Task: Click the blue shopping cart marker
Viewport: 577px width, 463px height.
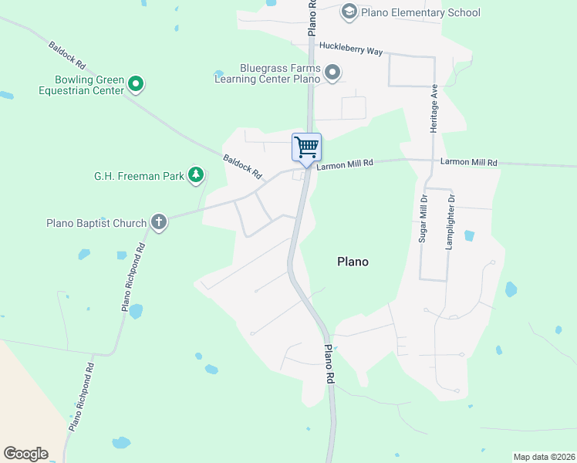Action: coord(306,147)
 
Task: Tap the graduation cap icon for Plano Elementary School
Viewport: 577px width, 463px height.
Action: coord(349,12)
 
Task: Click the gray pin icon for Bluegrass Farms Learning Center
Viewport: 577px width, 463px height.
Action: coord(332,73)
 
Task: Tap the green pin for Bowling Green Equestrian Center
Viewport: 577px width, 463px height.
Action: coord(136,83)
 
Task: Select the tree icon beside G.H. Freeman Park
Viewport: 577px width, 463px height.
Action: coord(196,175)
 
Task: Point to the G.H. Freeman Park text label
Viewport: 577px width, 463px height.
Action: coord(139,176)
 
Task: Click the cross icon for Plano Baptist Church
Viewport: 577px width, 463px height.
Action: coord(159,223)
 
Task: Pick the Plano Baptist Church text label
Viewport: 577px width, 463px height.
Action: coord(96,224)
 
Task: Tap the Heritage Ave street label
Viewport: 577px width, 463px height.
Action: coord(434,108)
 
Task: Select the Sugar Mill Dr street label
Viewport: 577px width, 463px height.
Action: coord(423,219)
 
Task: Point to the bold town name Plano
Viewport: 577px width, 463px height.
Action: coord(353,262)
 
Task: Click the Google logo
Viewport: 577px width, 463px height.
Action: coord(25,453)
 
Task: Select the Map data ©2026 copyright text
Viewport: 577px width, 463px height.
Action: coord(544,457)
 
